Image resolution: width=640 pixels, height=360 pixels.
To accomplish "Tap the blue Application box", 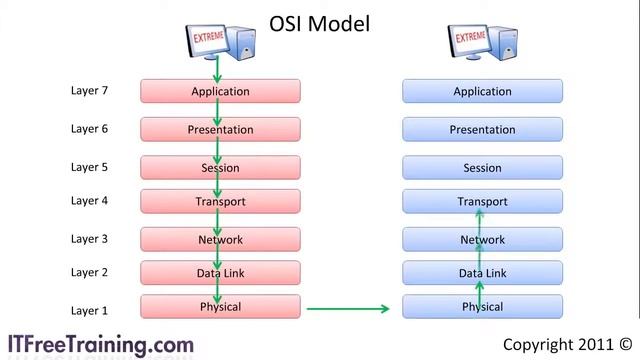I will tap(482, 92).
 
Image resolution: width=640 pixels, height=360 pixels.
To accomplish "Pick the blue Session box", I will tap(482, 168).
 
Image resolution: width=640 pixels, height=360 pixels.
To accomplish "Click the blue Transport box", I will tap(482, 202).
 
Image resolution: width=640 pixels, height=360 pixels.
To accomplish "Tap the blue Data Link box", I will tap(482, 273).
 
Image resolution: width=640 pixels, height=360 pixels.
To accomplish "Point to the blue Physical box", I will tap(482, 307).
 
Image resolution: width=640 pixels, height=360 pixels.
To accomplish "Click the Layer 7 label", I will tap(89, 91).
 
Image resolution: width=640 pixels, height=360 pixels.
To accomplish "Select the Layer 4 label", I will tap(89, 201).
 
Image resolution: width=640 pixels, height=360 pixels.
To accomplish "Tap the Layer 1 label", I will tap(89, 311).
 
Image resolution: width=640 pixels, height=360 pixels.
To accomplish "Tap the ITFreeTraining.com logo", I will tap(101, 344).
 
